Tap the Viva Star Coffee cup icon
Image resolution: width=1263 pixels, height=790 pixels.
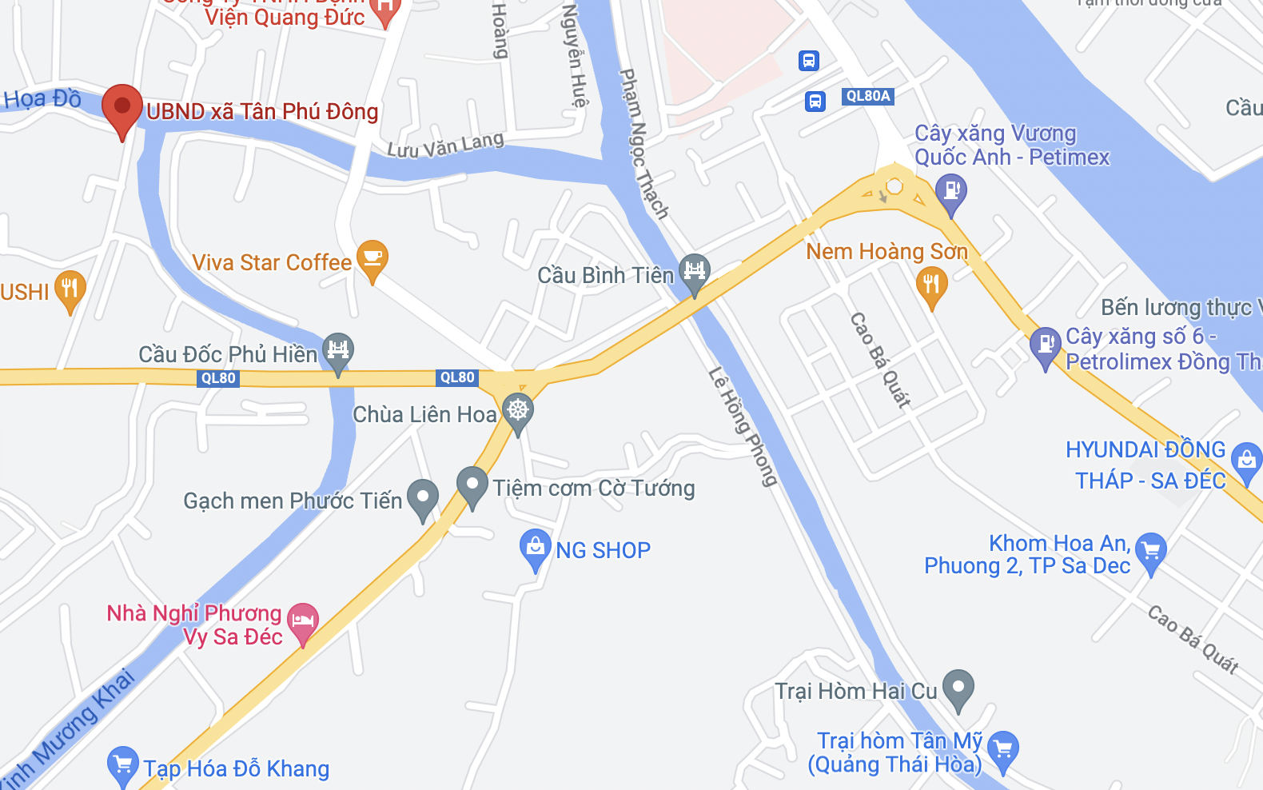tap(372, 257)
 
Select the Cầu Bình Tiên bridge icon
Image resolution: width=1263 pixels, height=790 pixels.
tap(695, 271)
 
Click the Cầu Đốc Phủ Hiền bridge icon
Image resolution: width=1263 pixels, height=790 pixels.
tap(338, 350)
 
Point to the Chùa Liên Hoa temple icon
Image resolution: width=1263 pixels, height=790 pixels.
tap(518, 411)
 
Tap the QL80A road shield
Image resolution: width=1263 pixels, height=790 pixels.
tap(867, 97)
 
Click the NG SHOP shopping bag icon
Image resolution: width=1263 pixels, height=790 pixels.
tap(535, 547)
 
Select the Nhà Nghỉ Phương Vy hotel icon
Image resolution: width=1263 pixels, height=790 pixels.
tap(303, 620)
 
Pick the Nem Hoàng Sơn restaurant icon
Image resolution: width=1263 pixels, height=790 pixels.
tap(931, 283)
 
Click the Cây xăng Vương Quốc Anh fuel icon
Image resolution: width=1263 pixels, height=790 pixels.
tap(951, 191)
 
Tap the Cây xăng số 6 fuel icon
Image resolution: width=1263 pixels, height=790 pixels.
tap(1045, 345)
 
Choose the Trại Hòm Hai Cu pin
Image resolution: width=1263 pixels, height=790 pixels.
tap(958, 687)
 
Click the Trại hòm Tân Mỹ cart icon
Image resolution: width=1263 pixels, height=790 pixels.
tap(1003, 749)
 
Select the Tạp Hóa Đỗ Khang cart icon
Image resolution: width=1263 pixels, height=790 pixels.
tap(123, 764)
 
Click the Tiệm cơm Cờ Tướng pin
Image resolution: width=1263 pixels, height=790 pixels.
tap(472, 484)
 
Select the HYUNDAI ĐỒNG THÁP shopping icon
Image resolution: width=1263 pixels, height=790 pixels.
tap(1246, 460)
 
